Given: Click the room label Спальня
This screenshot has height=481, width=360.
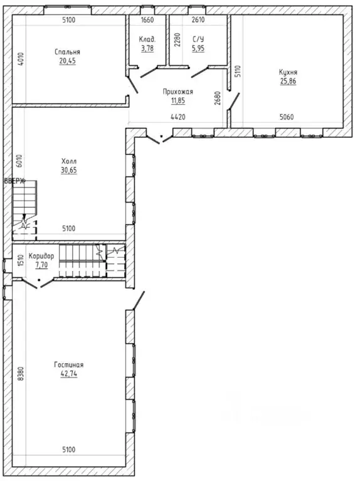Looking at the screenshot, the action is click(67, 52).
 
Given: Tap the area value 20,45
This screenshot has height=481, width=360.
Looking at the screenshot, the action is click(68, 61).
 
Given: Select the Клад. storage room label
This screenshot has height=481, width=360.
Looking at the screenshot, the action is click(147, 40).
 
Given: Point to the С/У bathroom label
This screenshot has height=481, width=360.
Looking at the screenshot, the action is click(198, 40).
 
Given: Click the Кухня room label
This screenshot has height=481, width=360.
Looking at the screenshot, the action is click(288, 72).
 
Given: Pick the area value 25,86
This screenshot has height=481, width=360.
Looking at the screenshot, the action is click(288, 82).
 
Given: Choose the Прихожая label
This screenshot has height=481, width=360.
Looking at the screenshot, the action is click(178, 92).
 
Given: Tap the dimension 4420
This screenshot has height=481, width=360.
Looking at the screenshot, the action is click(178, 117).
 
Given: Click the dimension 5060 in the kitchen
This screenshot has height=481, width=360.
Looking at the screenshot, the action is click(287, 117).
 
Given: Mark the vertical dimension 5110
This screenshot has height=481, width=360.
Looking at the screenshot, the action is click(238, 71).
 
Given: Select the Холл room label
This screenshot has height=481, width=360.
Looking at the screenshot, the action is click(69, 161).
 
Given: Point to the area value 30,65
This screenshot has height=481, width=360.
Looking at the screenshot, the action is click(69, 170).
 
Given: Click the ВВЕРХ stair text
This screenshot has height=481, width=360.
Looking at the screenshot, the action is click(14, 181).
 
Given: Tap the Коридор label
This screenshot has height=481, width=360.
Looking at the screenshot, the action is click(41, 256).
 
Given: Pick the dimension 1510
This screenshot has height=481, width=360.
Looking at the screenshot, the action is click(21, 260).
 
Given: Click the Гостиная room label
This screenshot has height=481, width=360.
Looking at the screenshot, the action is click(69, 365).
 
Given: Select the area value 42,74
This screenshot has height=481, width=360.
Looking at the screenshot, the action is click(69, 374).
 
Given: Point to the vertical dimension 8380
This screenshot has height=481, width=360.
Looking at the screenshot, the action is click(21, 374).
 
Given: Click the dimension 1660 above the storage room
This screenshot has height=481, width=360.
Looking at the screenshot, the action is click(147, 20).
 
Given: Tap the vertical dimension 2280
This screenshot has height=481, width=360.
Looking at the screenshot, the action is click(177, 40).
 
